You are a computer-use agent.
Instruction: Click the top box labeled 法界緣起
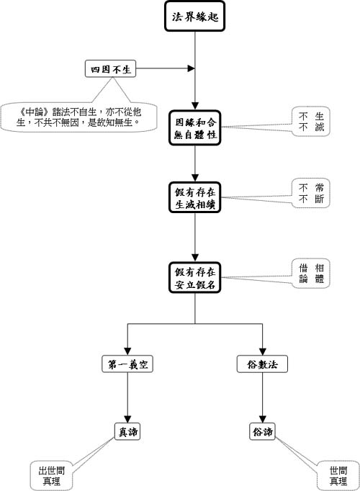[194, 17]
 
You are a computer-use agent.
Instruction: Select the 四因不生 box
[110, 68]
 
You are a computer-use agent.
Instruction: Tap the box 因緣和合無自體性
[194, 127]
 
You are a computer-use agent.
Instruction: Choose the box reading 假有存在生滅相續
[194, 197]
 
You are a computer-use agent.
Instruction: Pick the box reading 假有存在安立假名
[194, 278]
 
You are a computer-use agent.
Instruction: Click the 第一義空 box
[127, 364]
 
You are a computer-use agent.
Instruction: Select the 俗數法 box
[262, 364]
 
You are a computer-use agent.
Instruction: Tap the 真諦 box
[127, 432]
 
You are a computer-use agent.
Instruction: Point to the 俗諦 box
[262, 432]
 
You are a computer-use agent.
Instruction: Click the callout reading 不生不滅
[311, 122]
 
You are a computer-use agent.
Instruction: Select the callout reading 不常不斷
[311, 193]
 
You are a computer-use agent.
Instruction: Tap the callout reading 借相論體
[311, 273]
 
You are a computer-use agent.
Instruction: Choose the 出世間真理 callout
[51, 476]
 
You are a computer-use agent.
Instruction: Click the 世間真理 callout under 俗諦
[338, 476]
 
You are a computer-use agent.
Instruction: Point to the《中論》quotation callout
[78, 117]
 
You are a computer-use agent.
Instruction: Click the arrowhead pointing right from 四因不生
[191, 68]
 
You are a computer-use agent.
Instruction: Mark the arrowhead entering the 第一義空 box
[127, 351]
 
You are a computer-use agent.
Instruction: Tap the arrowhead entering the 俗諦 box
[262, 419]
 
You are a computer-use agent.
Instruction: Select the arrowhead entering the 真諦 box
[127, 419]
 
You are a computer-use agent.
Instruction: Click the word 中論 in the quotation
[35, 112]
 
